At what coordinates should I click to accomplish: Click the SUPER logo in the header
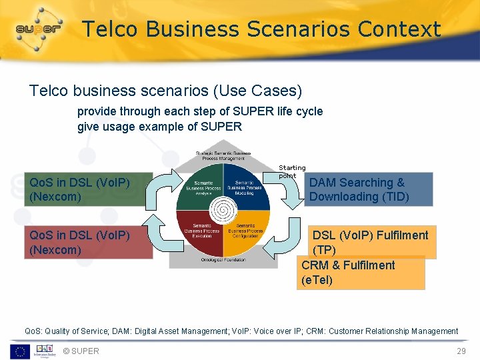click(39, 29)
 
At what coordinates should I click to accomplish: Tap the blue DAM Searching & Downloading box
click(369, 189)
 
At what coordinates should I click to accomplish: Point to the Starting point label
click(292, 171)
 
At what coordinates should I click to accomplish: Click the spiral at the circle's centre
click(223, 211)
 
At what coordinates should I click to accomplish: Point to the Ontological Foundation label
click(223, 260)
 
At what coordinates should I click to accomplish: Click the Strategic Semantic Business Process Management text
click(223, 155)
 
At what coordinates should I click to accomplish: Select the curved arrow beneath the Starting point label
click(292, 193)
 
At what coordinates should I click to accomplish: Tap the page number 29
click(461, 351)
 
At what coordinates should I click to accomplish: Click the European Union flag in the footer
click(19, 351)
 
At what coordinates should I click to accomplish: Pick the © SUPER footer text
click(81, 351)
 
